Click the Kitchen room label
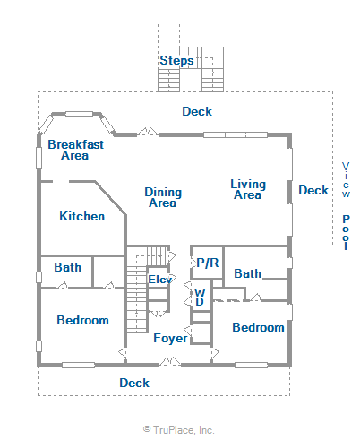[82, 216]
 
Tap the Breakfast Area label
[75, 150]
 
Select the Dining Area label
[163, 197]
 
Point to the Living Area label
[248, 189]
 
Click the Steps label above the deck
[176, 61]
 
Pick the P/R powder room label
[208, 263]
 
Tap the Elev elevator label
[160, 280]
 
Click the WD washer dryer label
[200, 297]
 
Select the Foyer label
[170, 338]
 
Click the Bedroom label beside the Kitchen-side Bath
[82, 320]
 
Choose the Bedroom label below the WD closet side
[258, 327]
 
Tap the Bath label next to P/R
[247, 273]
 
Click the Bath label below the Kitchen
[68, 267]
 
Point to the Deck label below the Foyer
[134, 383]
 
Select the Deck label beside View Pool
[313, 190]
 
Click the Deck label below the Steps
[197, 111]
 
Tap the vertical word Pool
[346, 232]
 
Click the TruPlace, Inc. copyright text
[179, 430]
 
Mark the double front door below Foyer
[169, 361]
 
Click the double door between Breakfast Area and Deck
[148, 132]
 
